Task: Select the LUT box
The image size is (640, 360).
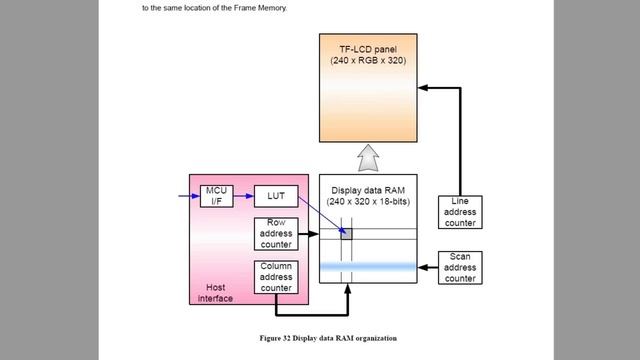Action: pyautogui.click(x=275, y=196)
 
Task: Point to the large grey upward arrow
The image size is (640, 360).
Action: pyautogui.click(x=368, y=156)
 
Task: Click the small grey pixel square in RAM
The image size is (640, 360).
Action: pyautogui.click(x=346, y=234)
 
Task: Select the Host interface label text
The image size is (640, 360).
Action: pyautogui.click(x=215, y=292)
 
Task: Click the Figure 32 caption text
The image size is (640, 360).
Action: pyautogui.click(x=319, y=337)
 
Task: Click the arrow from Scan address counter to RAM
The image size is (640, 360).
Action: pyautogui.click(x=428, y=267)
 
